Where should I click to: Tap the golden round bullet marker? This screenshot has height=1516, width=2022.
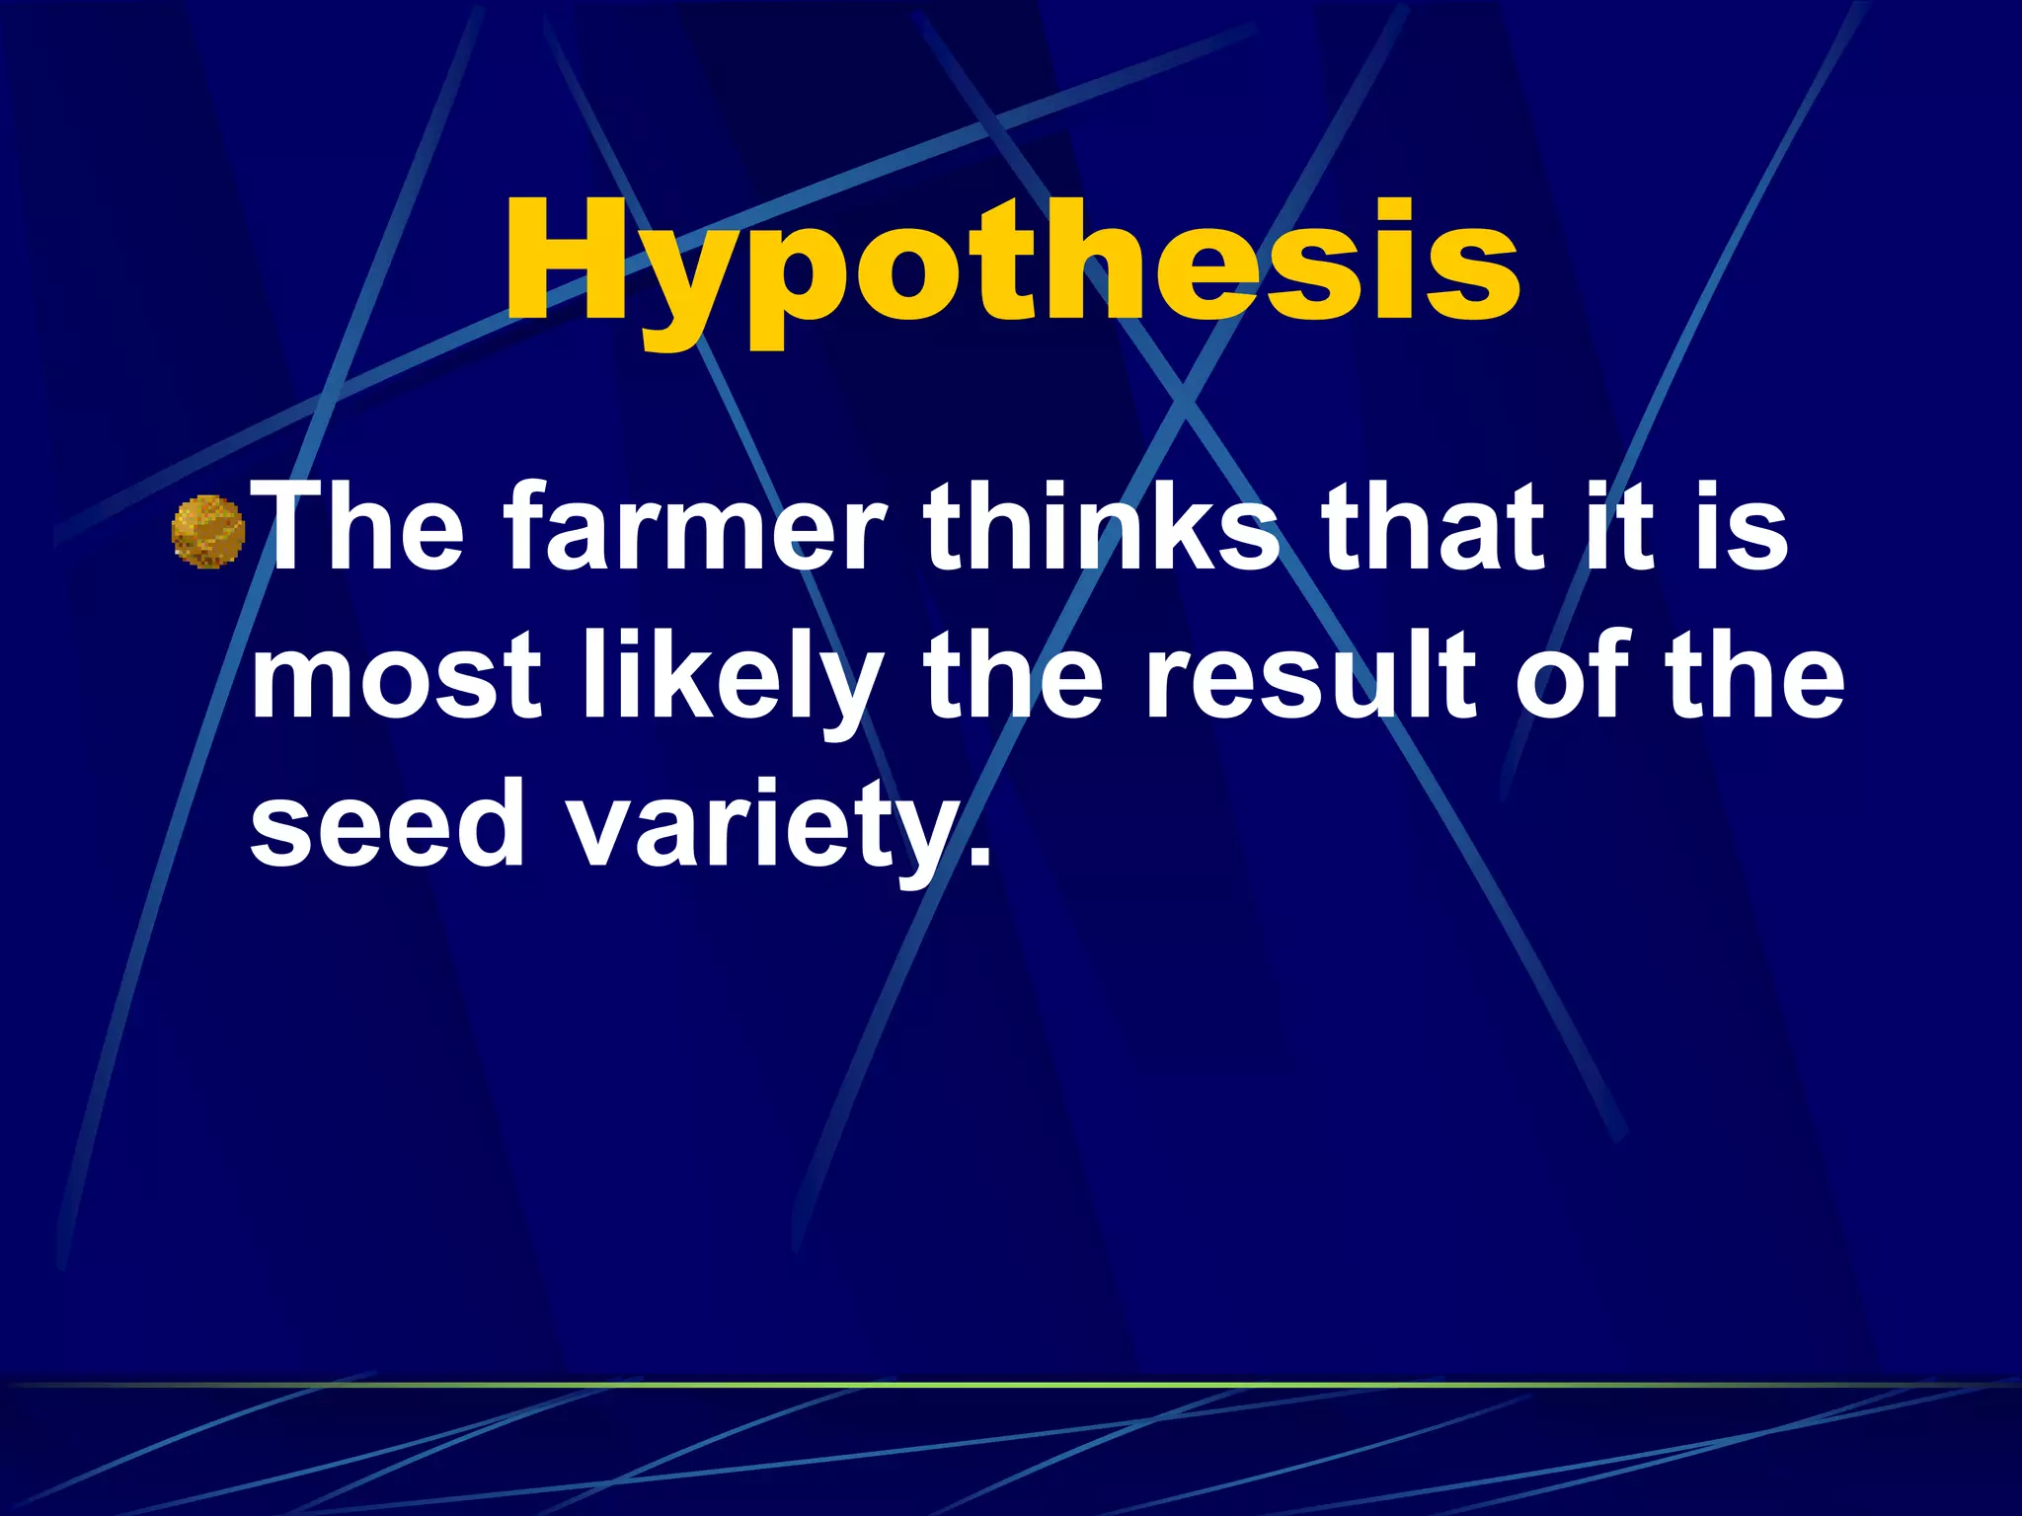(x=208, y=532)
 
